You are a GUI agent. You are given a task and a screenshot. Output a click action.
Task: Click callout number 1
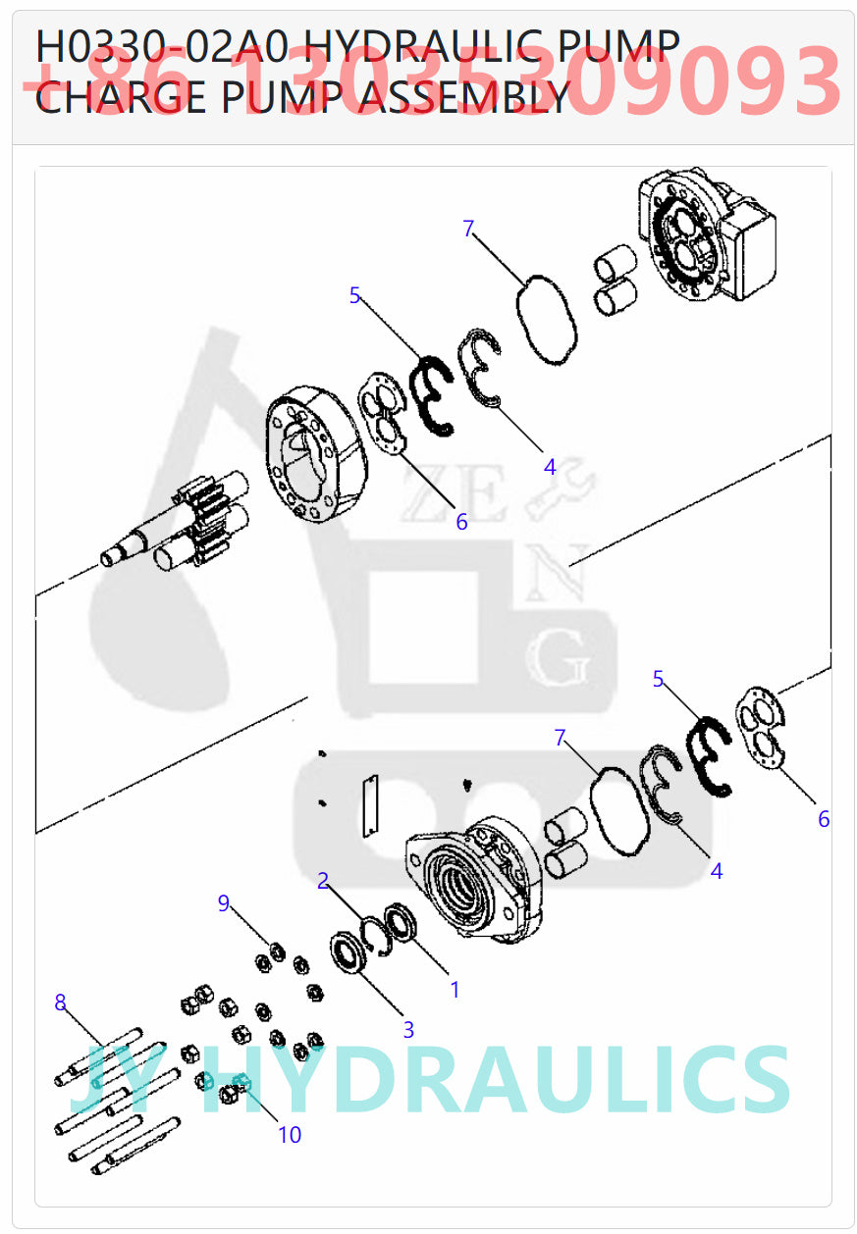pyautogui.click(x=455, y=990)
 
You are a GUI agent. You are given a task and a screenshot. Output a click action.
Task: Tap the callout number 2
pyautogui.click(x=323, y=880)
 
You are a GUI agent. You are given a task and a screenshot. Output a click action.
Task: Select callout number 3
pyautogui.click(x=408, y=1030)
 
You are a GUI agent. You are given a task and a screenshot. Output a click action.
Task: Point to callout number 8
pyautogui.click(x=61, y=1002)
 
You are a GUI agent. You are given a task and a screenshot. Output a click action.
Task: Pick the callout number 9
pyautogui.click(x=224, y=902)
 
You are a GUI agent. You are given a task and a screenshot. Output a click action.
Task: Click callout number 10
pyautogui.click(x=290, y=1135)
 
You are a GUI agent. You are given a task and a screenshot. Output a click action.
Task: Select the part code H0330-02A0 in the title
pyautogui.click(x=163, y=46)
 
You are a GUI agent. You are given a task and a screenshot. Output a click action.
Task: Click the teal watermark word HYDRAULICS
pyautogui.click(x=496, y=1081)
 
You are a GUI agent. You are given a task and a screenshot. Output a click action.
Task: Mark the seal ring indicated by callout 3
pyautogui.click(x=348, y=953)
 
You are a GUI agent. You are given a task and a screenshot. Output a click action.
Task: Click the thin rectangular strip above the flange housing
pyautogui.click(x=370, y=803)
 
